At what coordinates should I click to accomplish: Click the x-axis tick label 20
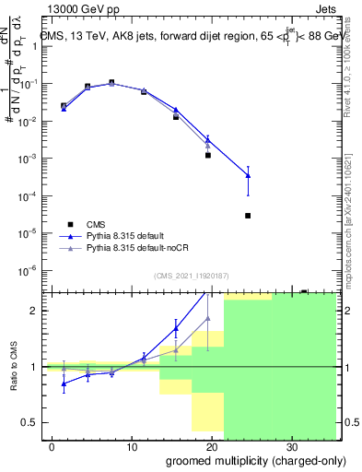211,446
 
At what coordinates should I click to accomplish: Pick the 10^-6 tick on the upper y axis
32,270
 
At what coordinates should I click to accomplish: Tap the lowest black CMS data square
248,216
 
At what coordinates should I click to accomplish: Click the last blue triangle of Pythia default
248,176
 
